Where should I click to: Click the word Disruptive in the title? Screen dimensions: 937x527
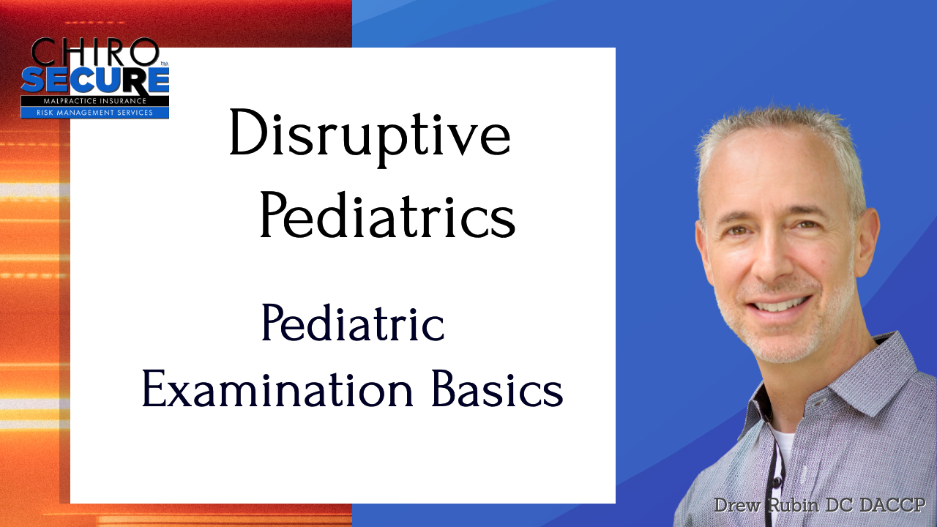pyautogui.click(x=370, y=138)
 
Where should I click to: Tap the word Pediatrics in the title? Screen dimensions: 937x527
pyautogui.click(x=388, y=215)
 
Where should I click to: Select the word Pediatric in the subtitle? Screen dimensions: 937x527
pyautogui.click(x=353, y=323)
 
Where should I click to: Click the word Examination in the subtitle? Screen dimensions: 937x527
pyautogui.click(x=277, y=388)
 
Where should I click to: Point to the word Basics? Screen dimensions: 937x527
pyautogui.click(x=497, y=388)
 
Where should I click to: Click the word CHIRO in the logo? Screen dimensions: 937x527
pyautogui.click(x=94, y=52)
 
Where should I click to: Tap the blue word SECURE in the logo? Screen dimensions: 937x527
pyautogui.click(x=95, y=81)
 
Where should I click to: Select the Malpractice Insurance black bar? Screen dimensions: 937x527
pyautogui.click(x=95, y=101)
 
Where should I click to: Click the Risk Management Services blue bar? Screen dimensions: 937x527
pyautogui.click(x=95, y=113)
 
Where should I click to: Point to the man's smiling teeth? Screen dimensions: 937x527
pyautogui.click(x=779, y=304)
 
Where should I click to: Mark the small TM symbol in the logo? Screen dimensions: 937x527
pyautogui.click(x=164, y=64)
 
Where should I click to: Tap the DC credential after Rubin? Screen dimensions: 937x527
pyautogui.click(x=839, y=505)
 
